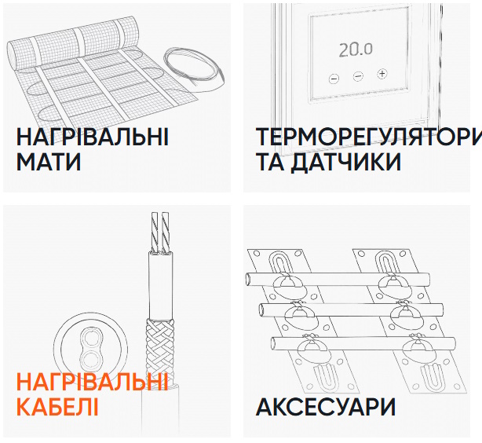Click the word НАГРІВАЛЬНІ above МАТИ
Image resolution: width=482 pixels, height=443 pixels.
pyautogui.click(x=93, y=137)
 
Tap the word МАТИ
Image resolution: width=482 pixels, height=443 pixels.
pyautogui.click(x=49, y=162)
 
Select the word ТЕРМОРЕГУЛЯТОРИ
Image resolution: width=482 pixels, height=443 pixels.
pyautogui.click(x=369, y=137)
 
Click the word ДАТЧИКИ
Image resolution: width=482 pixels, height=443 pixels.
pyautogui.click(x=346, y=162)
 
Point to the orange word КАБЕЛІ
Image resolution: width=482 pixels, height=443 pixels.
pyautogui.click(x=57, y=407)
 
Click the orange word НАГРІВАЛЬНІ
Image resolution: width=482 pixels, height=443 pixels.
pyautogui.click(x=93, y=382)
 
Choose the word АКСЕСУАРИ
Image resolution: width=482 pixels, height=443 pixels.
pyautogui.click(x=326, y=407)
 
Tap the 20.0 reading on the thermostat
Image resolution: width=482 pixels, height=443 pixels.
pyautogui.click(x=356, y=50)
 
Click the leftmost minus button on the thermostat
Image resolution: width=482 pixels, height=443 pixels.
pyautogui.click(x=334, y=79)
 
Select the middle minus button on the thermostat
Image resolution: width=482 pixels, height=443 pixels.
pyautogui.click(x=358, y=76)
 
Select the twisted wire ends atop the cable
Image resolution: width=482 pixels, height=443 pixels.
pyautogui.click(x=161, y=232)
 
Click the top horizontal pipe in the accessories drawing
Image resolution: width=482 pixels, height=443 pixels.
pyautogui.click(x=338, y=279)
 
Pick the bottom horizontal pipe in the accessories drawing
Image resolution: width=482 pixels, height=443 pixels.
pyautogui.click(x=363, y=343)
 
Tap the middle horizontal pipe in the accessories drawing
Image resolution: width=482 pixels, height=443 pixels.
pyautogui.click(x=351, y=310)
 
